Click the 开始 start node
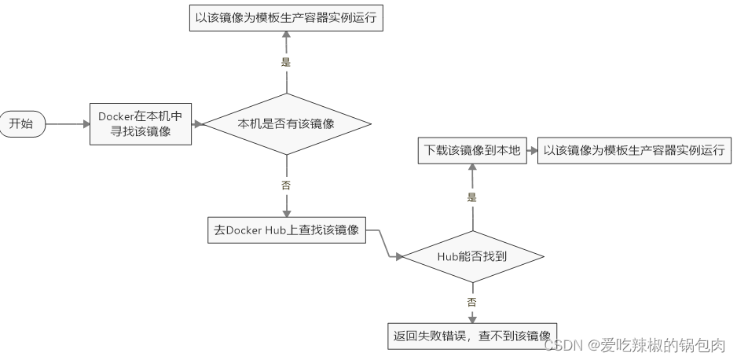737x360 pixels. [22, 123]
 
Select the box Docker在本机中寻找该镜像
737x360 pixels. [141, 123]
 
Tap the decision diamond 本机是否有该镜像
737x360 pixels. [286, 123]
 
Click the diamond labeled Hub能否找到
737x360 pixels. [472, 255]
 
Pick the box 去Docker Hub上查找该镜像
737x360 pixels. [286, 231]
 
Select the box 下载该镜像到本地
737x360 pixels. [472, 150]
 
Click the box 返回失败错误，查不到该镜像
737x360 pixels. [472, 336]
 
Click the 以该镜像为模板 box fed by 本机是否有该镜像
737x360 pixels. [286, 17]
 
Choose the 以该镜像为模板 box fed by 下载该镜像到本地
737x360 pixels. [633, 150]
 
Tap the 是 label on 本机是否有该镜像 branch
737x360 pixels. [286, 61]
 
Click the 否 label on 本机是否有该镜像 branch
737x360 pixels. [286, 186]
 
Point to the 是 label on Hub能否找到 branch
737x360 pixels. [472, 197]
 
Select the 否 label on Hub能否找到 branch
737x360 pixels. [472, 301]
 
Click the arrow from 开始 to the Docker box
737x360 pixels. [66, 123]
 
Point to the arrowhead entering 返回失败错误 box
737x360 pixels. [472, 320]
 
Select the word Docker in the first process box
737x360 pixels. [115, 116]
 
